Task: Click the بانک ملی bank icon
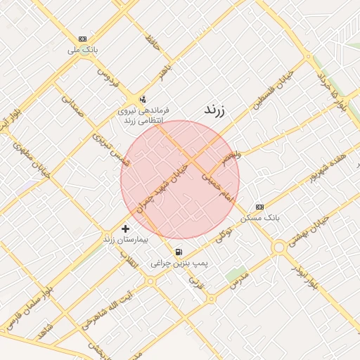pyautogui.click(x=84, y=39)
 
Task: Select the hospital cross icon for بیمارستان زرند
pyautogui.click(x=126, y=229)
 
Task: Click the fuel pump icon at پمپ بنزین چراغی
pyautogui.click(x=179, y=252)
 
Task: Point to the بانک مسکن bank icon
pyautogui.click(x=260, y=207)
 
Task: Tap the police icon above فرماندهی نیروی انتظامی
pyautogui.click(x=143, y=98)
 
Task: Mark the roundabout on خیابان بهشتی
pyautogui.click(x=279, y=246)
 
